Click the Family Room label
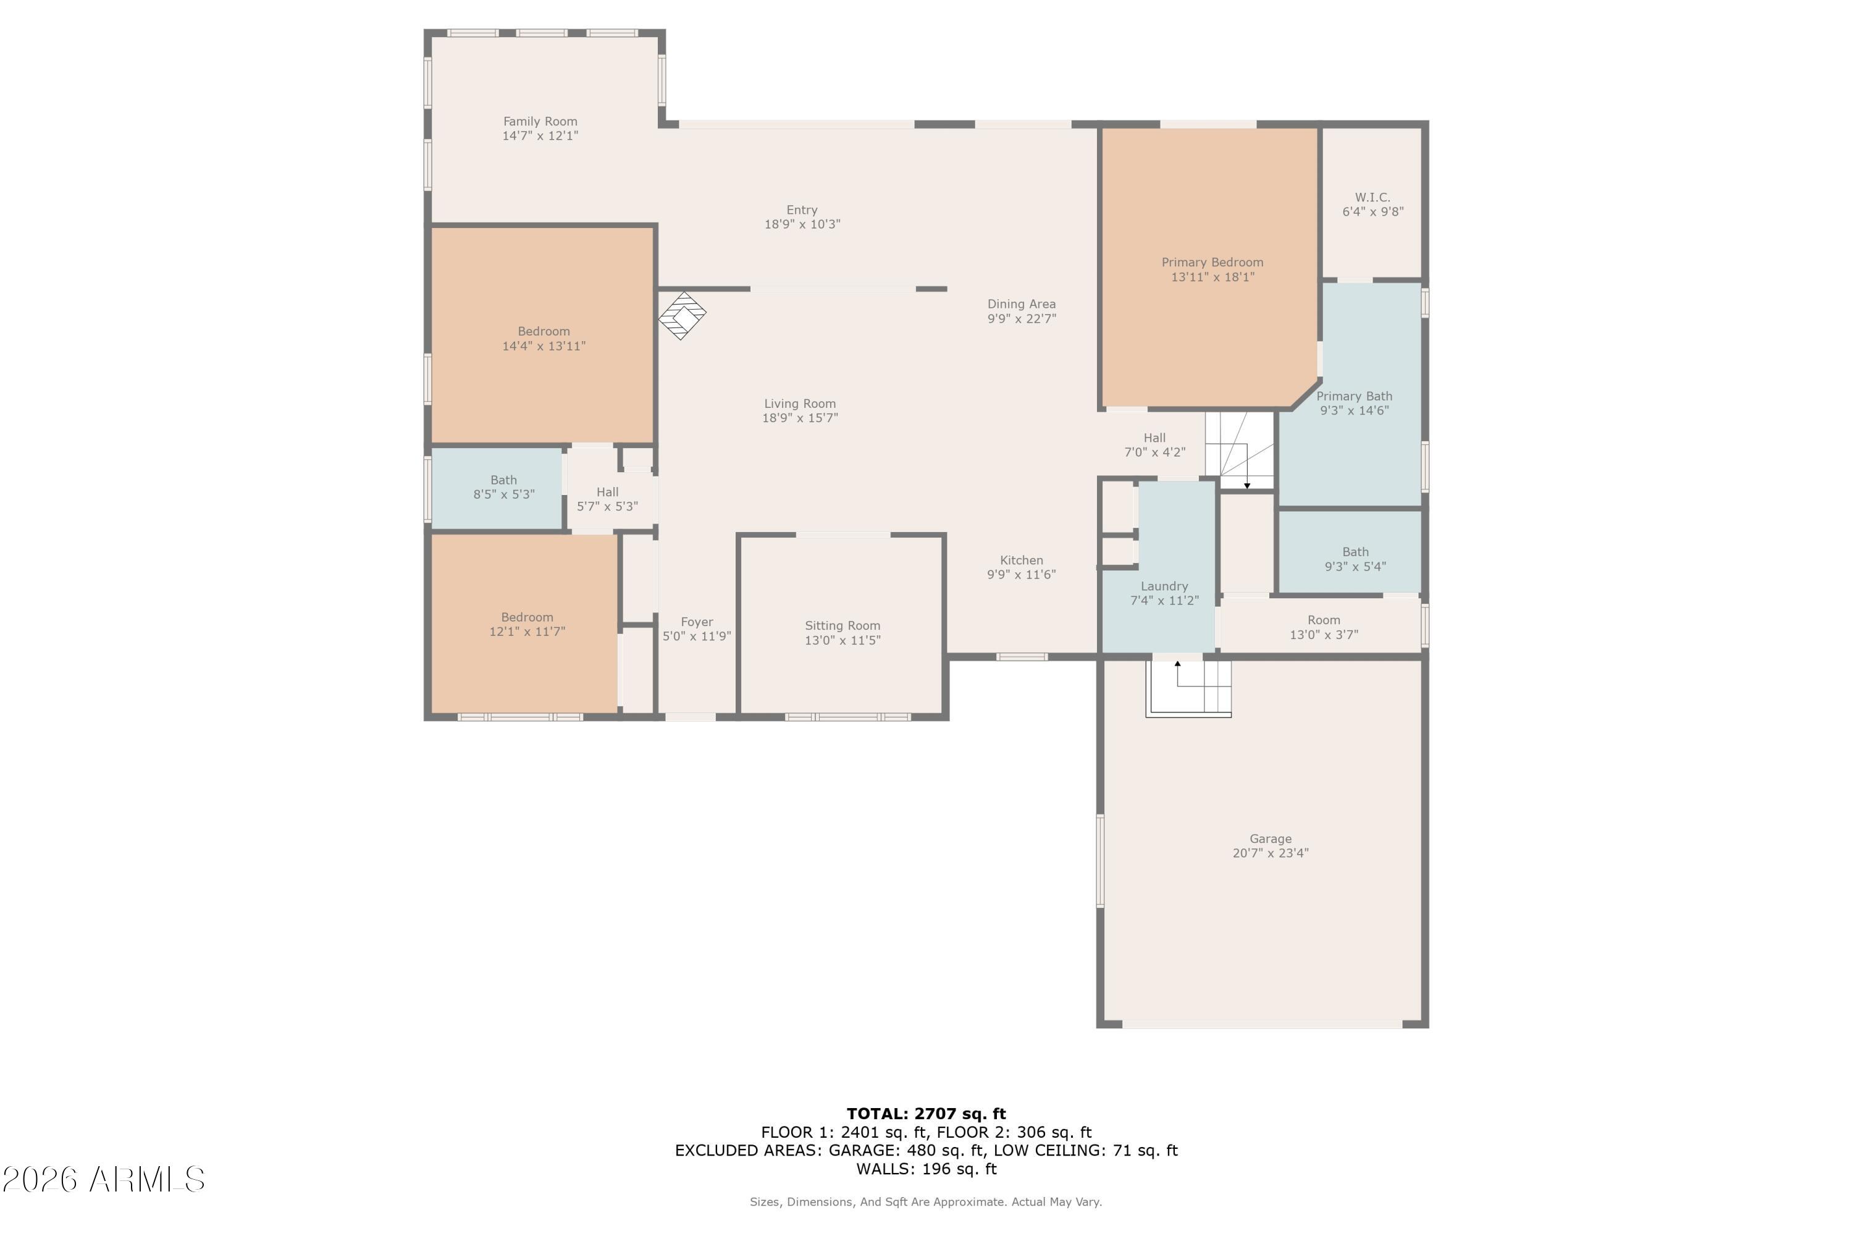(540, 121)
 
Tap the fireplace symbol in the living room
(683, 315)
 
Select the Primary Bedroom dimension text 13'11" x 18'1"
(1212, 277)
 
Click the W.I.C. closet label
(1372, 197)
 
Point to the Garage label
(1270, 839)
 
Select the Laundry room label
(1164, 586)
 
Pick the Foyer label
(697, 622)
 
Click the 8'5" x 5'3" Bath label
(503, 480)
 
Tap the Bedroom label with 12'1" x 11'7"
(527, 617)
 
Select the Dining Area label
(1021, 304)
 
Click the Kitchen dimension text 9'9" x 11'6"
(1021, 575)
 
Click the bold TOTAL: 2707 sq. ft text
(926, 1114)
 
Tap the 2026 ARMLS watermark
(103, 1180)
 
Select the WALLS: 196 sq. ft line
(926, 1169)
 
